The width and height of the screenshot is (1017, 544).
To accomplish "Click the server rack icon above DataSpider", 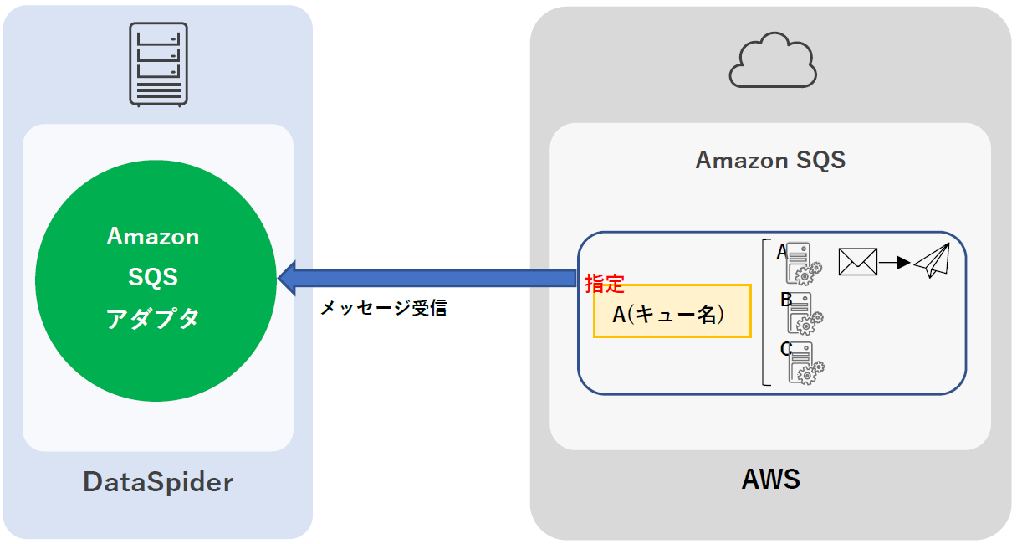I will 157,64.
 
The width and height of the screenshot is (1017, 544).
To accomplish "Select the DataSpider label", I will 157,482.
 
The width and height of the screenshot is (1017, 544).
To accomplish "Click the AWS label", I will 770,480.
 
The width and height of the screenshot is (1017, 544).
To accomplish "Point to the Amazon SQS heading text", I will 770,160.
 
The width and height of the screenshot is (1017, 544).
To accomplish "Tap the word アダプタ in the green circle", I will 153,318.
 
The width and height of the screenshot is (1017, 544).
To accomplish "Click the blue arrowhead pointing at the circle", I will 289,278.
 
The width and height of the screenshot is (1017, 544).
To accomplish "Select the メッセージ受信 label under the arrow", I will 383,308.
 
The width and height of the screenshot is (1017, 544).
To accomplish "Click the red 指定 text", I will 604,283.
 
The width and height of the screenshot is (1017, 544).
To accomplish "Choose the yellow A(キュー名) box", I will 672,311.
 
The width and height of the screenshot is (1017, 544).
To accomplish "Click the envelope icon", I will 857,262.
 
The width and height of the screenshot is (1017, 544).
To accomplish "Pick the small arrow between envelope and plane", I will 895,262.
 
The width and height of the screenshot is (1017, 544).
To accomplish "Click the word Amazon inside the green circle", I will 153,237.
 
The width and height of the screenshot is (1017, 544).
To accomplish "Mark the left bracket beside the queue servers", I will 765,312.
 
